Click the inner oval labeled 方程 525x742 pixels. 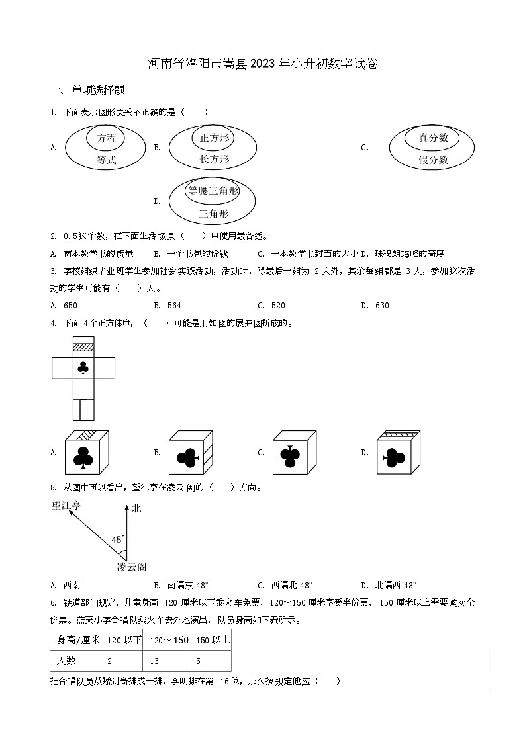106,138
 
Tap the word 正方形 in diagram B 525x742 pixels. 214,138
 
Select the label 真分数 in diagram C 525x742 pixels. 433,138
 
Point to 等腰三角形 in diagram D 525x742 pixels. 212,191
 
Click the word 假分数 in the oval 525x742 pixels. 433,160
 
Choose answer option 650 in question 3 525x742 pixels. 70,306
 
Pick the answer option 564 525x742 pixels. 174,306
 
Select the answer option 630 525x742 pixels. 382,306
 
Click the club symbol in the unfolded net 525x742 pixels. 83,368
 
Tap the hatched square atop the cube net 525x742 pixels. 83,346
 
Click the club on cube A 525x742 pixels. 83,457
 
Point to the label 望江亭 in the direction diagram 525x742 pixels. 67,506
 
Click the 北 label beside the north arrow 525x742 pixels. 137,508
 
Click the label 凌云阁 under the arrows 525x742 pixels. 131,567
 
